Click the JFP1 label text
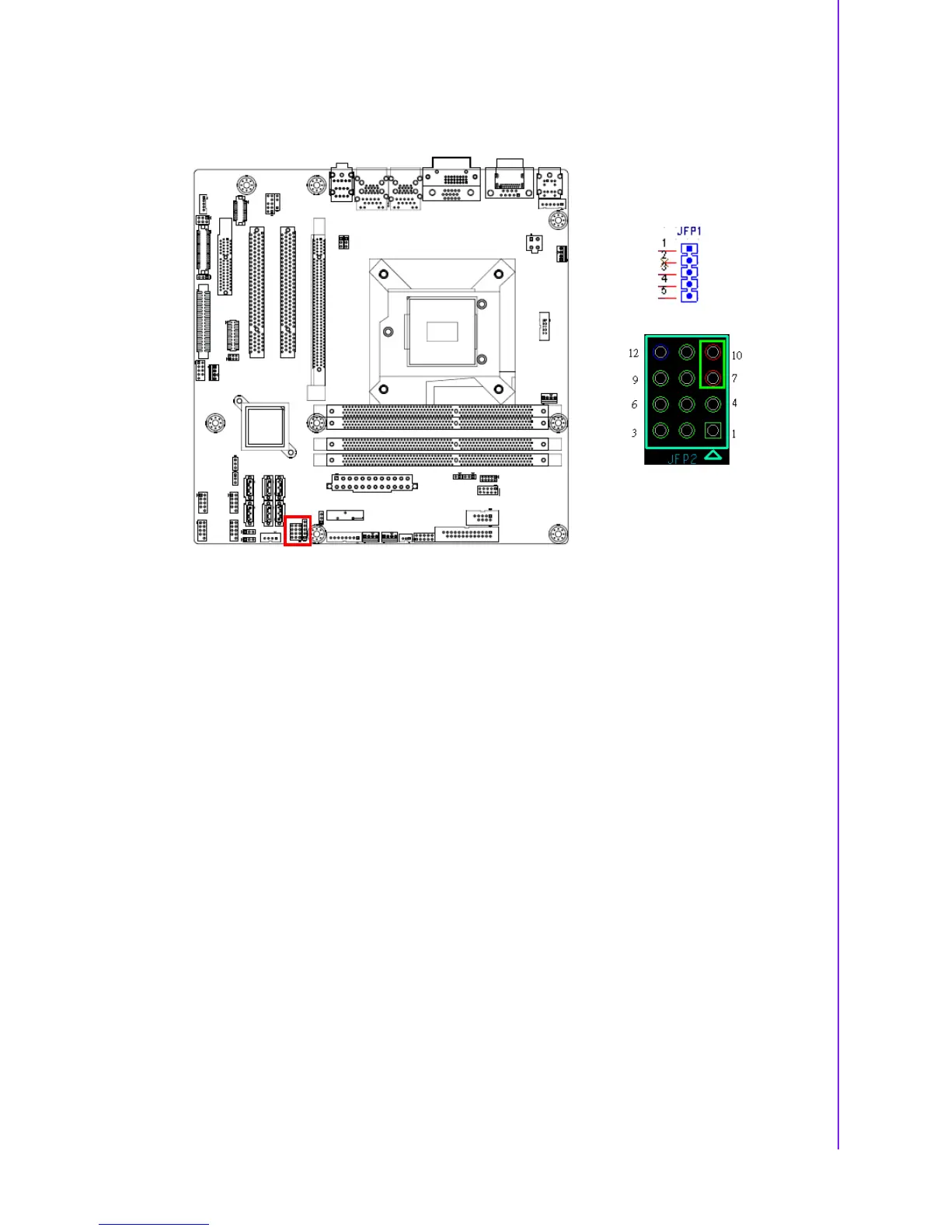coord(689,231)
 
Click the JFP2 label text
coord(682,459)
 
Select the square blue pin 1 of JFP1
coord(689,250)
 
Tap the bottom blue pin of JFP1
coord(689,296)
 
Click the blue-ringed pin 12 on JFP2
coord(660,352)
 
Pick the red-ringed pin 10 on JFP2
coord(712,353)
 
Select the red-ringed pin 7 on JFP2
coord(712,378)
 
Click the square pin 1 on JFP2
coord(712,430)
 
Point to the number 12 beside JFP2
coord(633,354)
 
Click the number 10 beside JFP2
coord(737,356)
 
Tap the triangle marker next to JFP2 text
coord(712,457)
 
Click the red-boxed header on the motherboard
coord(298,531)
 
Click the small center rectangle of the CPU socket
coord(442,330)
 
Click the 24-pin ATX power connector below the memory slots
coord(371,482)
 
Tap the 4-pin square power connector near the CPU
coord(534,242)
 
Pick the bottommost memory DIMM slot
coord(431,460)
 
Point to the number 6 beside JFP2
coord(634,405)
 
